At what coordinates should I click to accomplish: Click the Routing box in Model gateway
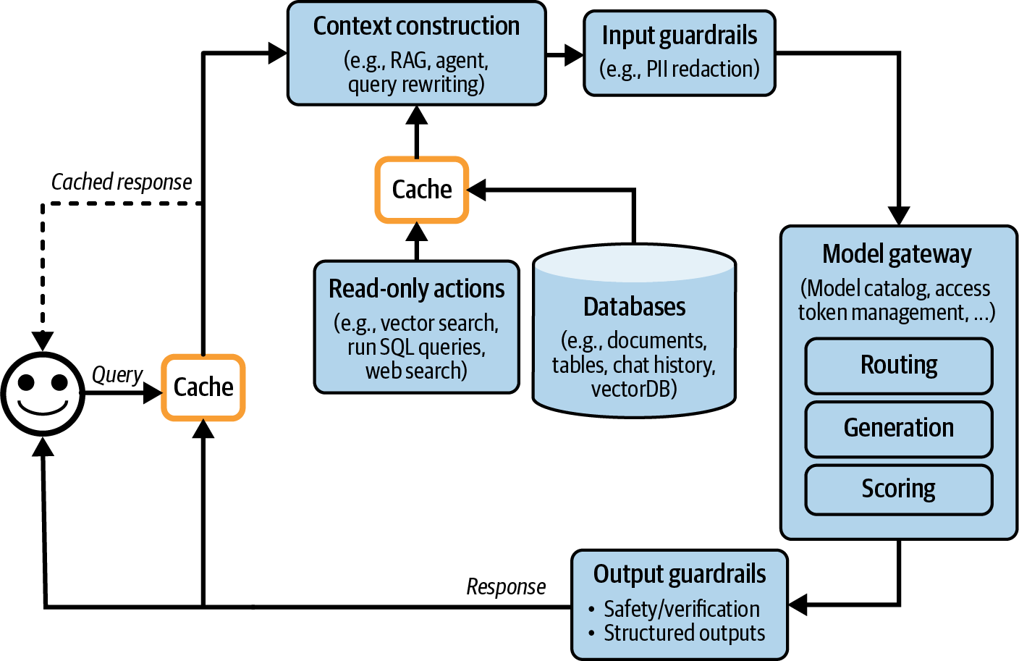tap(898, 366)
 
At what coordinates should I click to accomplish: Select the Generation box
tap(898, 429)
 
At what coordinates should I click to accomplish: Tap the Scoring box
tap(898, 489)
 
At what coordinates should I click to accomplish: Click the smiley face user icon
tap(43, 394)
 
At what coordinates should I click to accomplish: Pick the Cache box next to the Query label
tap(203, 387)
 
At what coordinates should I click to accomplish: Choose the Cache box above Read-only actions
tap(421, 190)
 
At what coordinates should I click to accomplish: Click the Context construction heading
tap(416, 26)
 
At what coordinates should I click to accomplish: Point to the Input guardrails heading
tap(679, 35)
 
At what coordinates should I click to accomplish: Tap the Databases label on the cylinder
tap(634, 307)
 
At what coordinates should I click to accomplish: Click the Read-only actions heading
tap(416, 289)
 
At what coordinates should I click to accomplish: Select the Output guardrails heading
tap(679, 574)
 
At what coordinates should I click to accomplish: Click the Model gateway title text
tap(897, 254)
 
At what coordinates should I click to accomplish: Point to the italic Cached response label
tap(122, 182)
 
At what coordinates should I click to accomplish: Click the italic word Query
tap(117, 375)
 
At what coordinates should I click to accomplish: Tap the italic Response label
tap(506, 586)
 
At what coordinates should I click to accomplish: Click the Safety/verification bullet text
tap(682, 609)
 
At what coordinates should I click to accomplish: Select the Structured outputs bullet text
tap(684, 633)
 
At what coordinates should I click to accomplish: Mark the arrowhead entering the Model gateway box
tap(898, 216)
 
